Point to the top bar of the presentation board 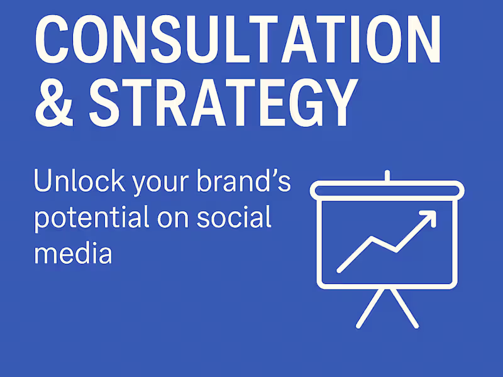tap(387, 188)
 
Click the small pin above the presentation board tap(387, 175)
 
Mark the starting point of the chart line tap(340, 270)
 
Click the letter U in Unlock tap(44, 182)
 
